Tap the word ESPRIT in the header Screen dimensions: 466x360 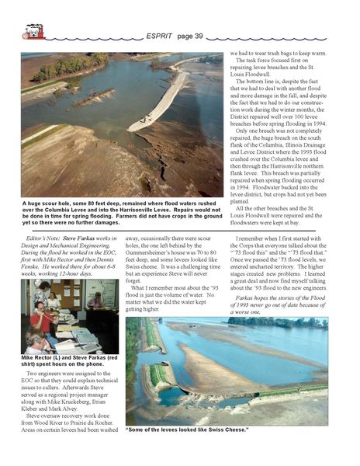coord(161,36)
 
